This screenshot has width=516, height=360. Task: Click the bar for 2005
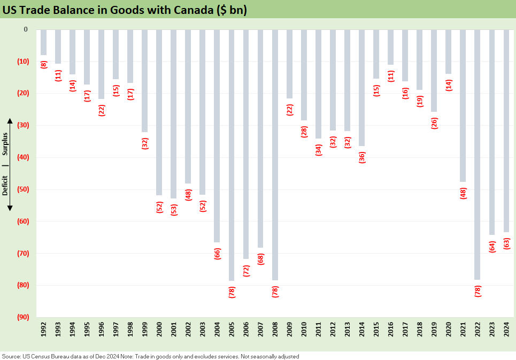pos(232,155)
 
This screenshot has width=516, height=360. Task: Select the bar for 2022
pos(478,155)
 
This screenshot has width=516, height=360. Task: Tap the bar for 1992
pos(43,42)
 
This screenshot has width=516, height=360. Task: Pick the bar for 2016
pos(390,47)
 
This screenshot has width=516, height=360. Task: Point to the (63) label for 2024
pos(506,244)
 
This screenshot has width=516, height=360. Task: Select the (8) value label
pos(43,64)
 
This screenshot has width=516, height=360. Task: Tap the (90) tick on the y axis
pos(22,317)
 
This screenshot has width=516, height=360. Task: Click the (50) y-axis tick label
pos(22,189)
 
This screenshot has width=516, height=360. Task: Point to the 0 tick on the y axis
pos(25,29)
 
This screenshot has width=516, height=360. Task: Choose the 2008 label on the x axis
pos(275,332)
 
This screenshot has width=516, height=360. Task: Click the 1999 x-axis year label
pos(145,332)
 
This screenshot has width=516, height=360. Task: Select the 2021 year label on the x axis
pos(463,332)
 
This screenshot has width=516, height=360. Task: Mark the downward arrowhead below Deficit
pos(10,209)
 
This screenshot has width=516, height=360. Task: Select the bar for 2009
pos(290,64)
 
